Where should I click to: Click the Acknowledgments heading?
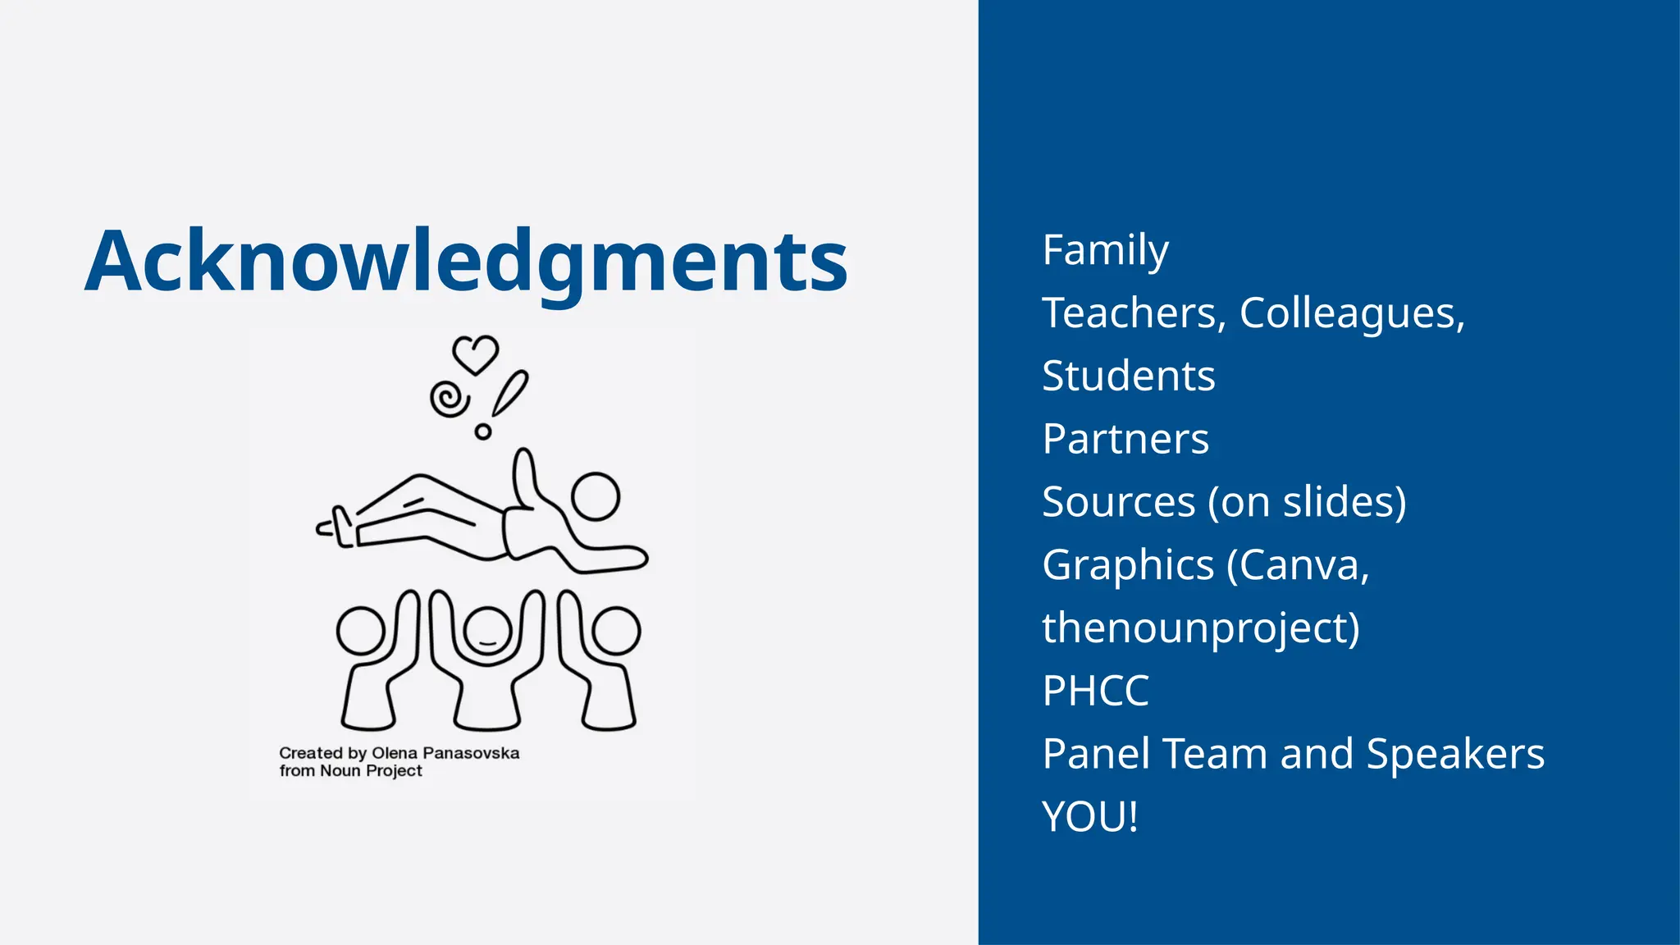[466, 261]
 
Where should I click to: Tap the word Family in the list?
[1105, 250]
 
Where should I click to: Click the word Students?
[1128, 377]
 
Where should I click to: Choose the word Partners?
[1125, 439]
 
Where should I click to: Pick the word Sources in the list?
[1118, 502]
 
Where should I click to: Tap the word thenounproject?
[1200, 628]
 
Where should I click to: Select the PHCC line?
[1095, 691]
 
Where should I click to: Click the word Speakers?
[1455, 754]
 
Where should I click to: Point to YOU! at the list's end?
[1090, 817]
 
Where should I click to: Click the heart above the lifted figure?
[476, 354]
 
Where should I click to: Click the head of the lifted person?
[596, 496]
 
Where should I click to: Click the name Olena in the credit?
[395, 753]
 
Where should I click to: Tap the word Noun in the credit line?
[340, 771]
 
